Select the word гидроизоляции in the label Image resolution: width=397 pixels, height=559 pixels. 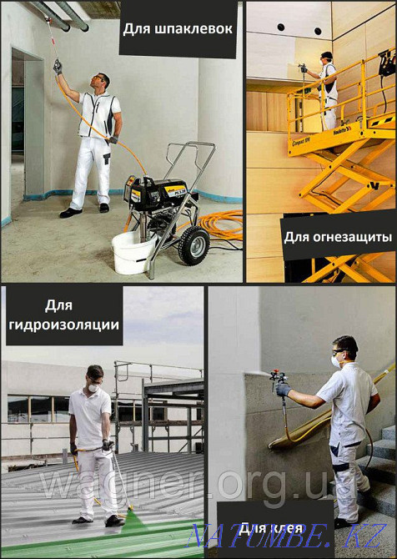[62, 324]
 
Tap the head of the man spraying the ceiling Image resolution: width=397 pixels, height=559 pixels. [100, 82]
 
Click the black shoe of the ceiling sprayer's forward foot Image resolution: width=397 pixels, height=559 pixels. [70, 213]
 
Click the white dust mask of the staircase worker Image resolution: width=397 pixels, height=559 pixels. [336, 361]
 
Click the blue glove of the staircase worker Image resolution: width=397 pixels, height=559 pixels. [284, 390]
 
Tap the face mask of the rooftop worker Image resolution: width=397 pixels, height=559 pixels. [94, 388]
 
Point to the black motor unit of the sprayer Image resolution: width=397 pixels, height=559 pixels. [158, 195]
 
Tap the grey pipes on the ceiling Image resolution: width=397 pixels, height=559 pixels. [63, 13]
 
